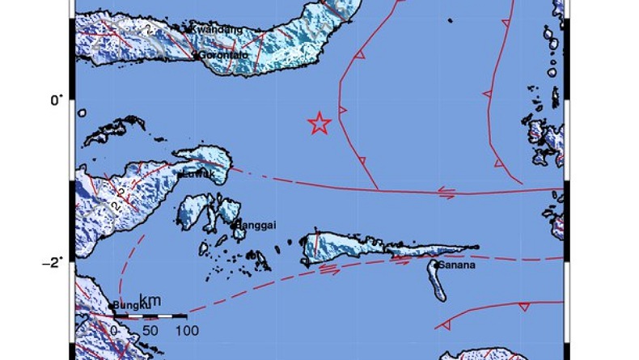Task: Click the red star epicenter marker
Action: [319, 123]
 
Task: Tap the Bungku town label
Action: [130, 305]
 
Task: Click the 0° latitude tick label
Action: [55, 100]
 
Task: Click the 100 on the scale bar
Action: [188, 330]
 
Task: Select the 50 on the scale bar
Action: [150, 330]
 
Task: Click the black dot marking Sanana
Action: [436, 263]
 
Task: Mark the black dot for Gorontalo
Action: [196, 57]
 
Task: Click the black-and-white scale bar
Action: [150, 315]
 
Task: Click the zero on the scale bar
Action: [114, 330]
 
